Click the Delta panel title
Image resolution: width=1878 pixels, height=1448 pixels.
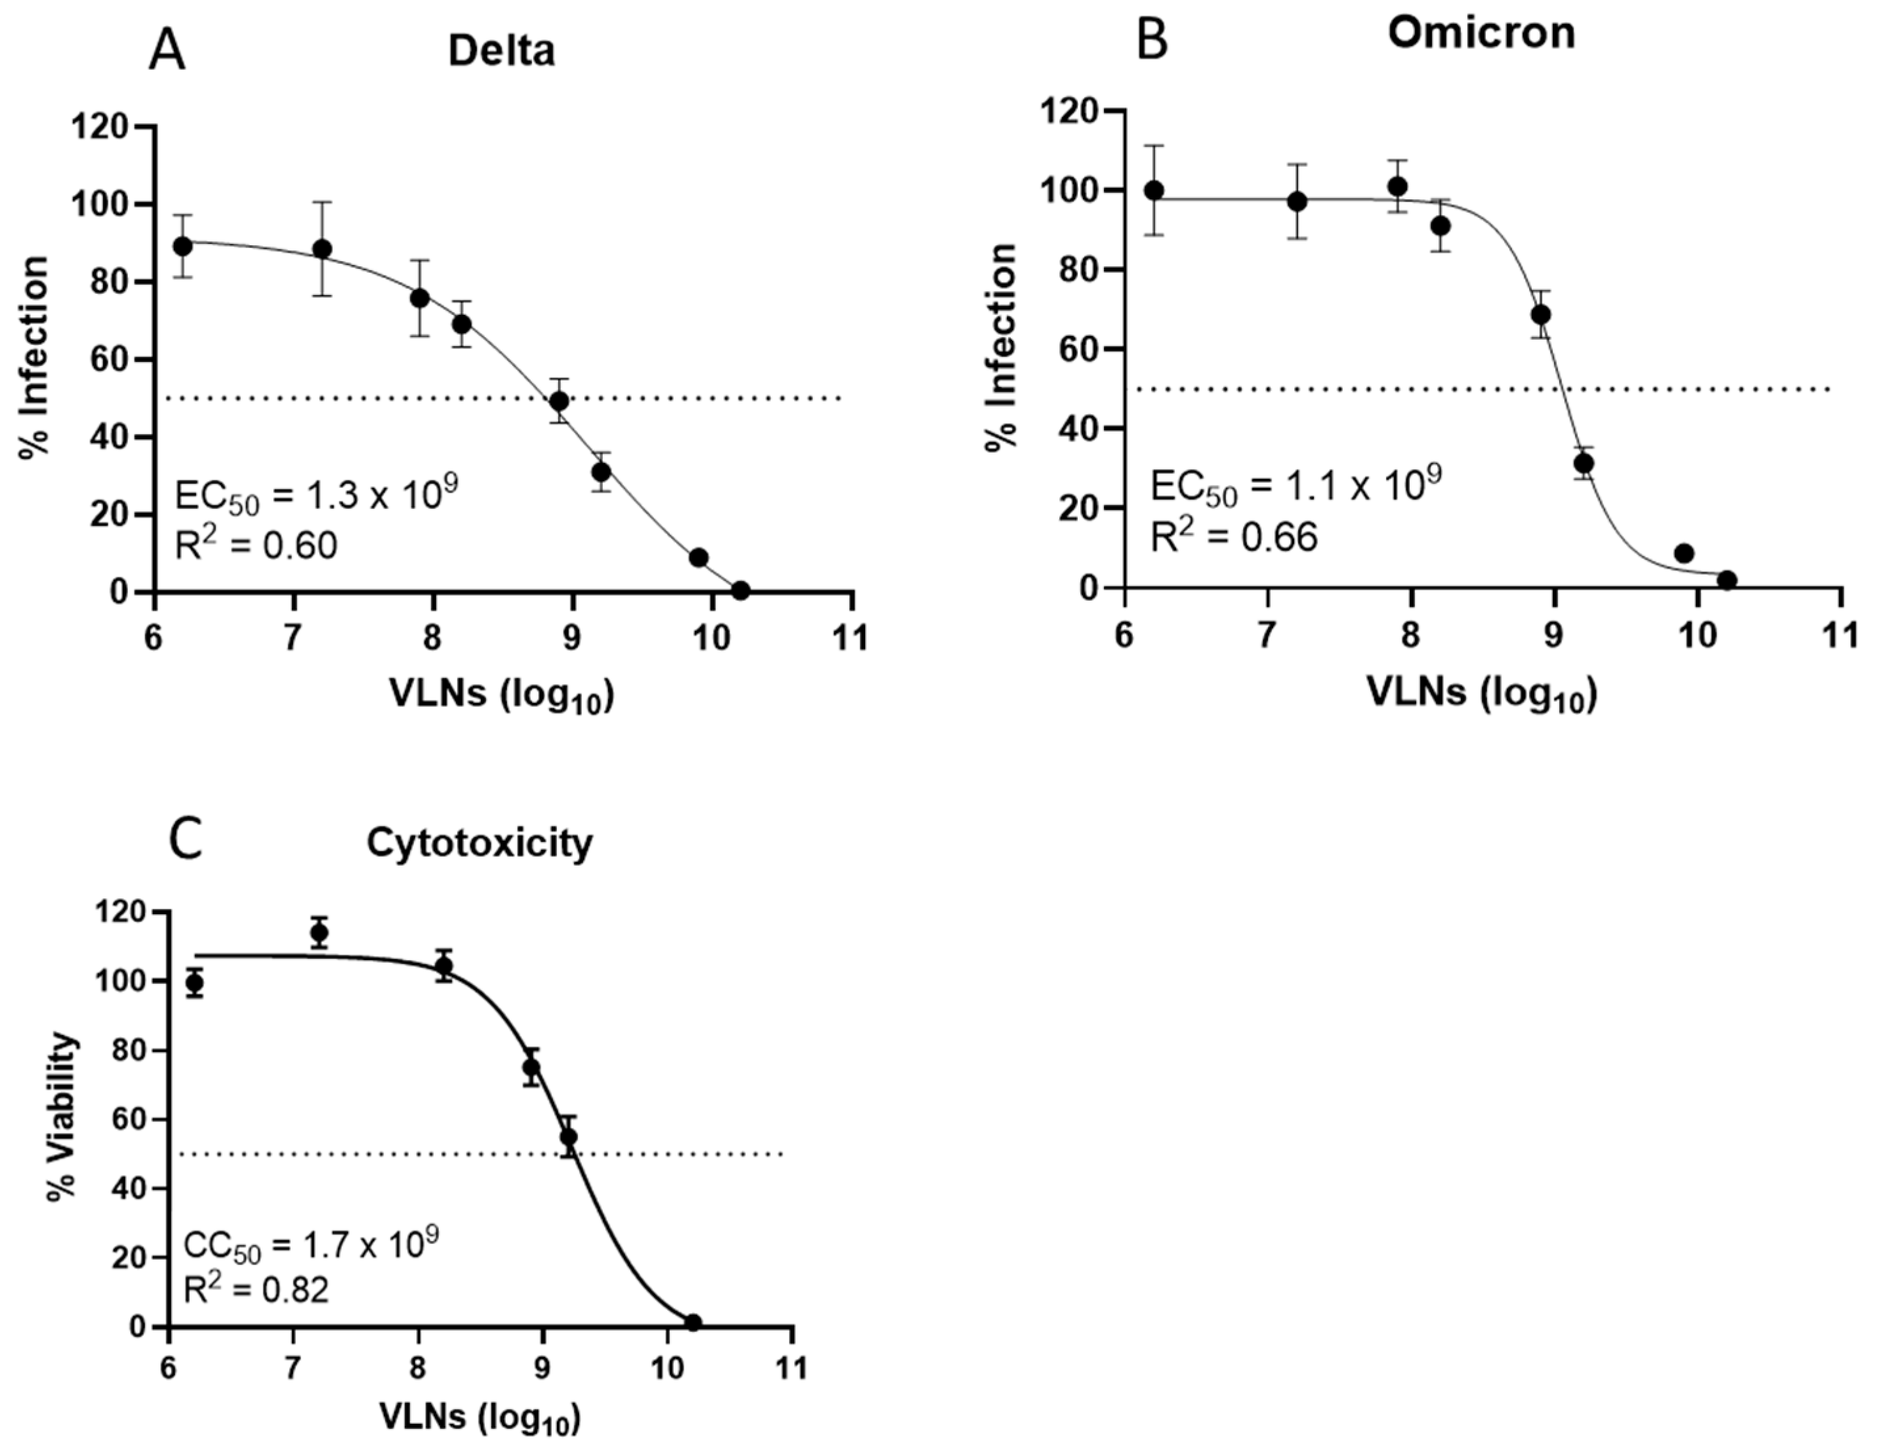(x=501, y=52)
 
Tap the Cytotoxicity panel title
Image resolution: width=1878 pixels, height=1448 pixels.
(x=479, y=843)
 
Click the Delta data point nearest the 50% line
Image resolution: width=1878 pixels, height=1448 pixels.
(x=560, y=401)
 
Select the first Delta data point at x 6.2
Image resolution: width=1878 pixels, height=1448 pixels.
(x=182, y=246)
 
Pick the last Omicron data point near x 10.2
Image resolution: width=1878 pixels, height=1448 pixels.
(x=1726, y=580)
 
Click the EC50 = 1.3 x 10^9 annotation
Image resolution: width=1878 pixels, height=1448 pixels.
(x=316, y=496)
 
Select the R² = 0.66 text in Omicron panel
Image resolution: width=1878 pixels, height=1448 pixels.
(x=1234, y=537)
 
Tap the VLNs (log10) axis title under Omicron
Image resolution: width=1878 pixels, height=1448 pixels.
(x=1482, y=693)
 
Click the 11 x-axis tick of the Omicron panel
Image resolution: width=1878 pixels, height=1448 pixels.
(x=1840, y=638)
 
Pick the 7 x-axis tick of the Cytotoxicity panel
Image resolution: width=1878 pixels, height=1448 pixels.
(x=294, y=1367)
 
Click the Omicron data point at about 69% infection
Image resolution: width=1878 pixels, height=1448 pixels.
(x=1541, y=315)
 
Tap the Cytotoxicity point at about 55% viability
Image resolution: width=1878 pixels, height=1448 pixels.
(x=569, y=1136)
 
